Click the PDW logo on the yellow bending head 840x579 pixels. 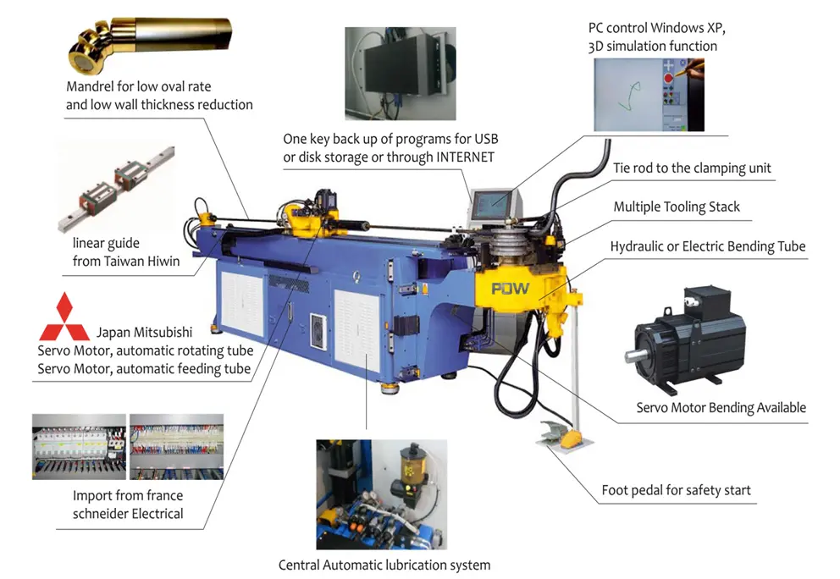(510, 289)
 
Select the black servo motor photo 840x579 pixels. (685, 337)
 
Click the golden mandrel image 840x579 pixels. (150, 45)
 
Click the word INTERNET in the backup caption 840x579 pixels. (465, 157)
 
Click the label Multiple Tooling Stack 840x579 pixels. (676, 207)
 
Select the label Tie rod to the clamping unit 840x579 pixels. (692, 168)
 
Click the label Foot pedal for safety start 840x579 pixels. (676, 490)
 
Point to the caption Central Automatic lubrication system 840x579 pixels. (384, 565)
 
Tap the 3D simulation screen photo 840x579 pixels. (649, 95)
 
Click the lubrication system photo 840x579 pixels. (381, 494)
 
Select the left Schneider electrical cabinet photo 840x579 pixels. (79, 447)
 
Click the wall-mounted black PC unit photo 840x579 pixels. (401, 74)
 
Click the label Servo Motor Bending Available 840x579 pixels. (721, 408)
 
